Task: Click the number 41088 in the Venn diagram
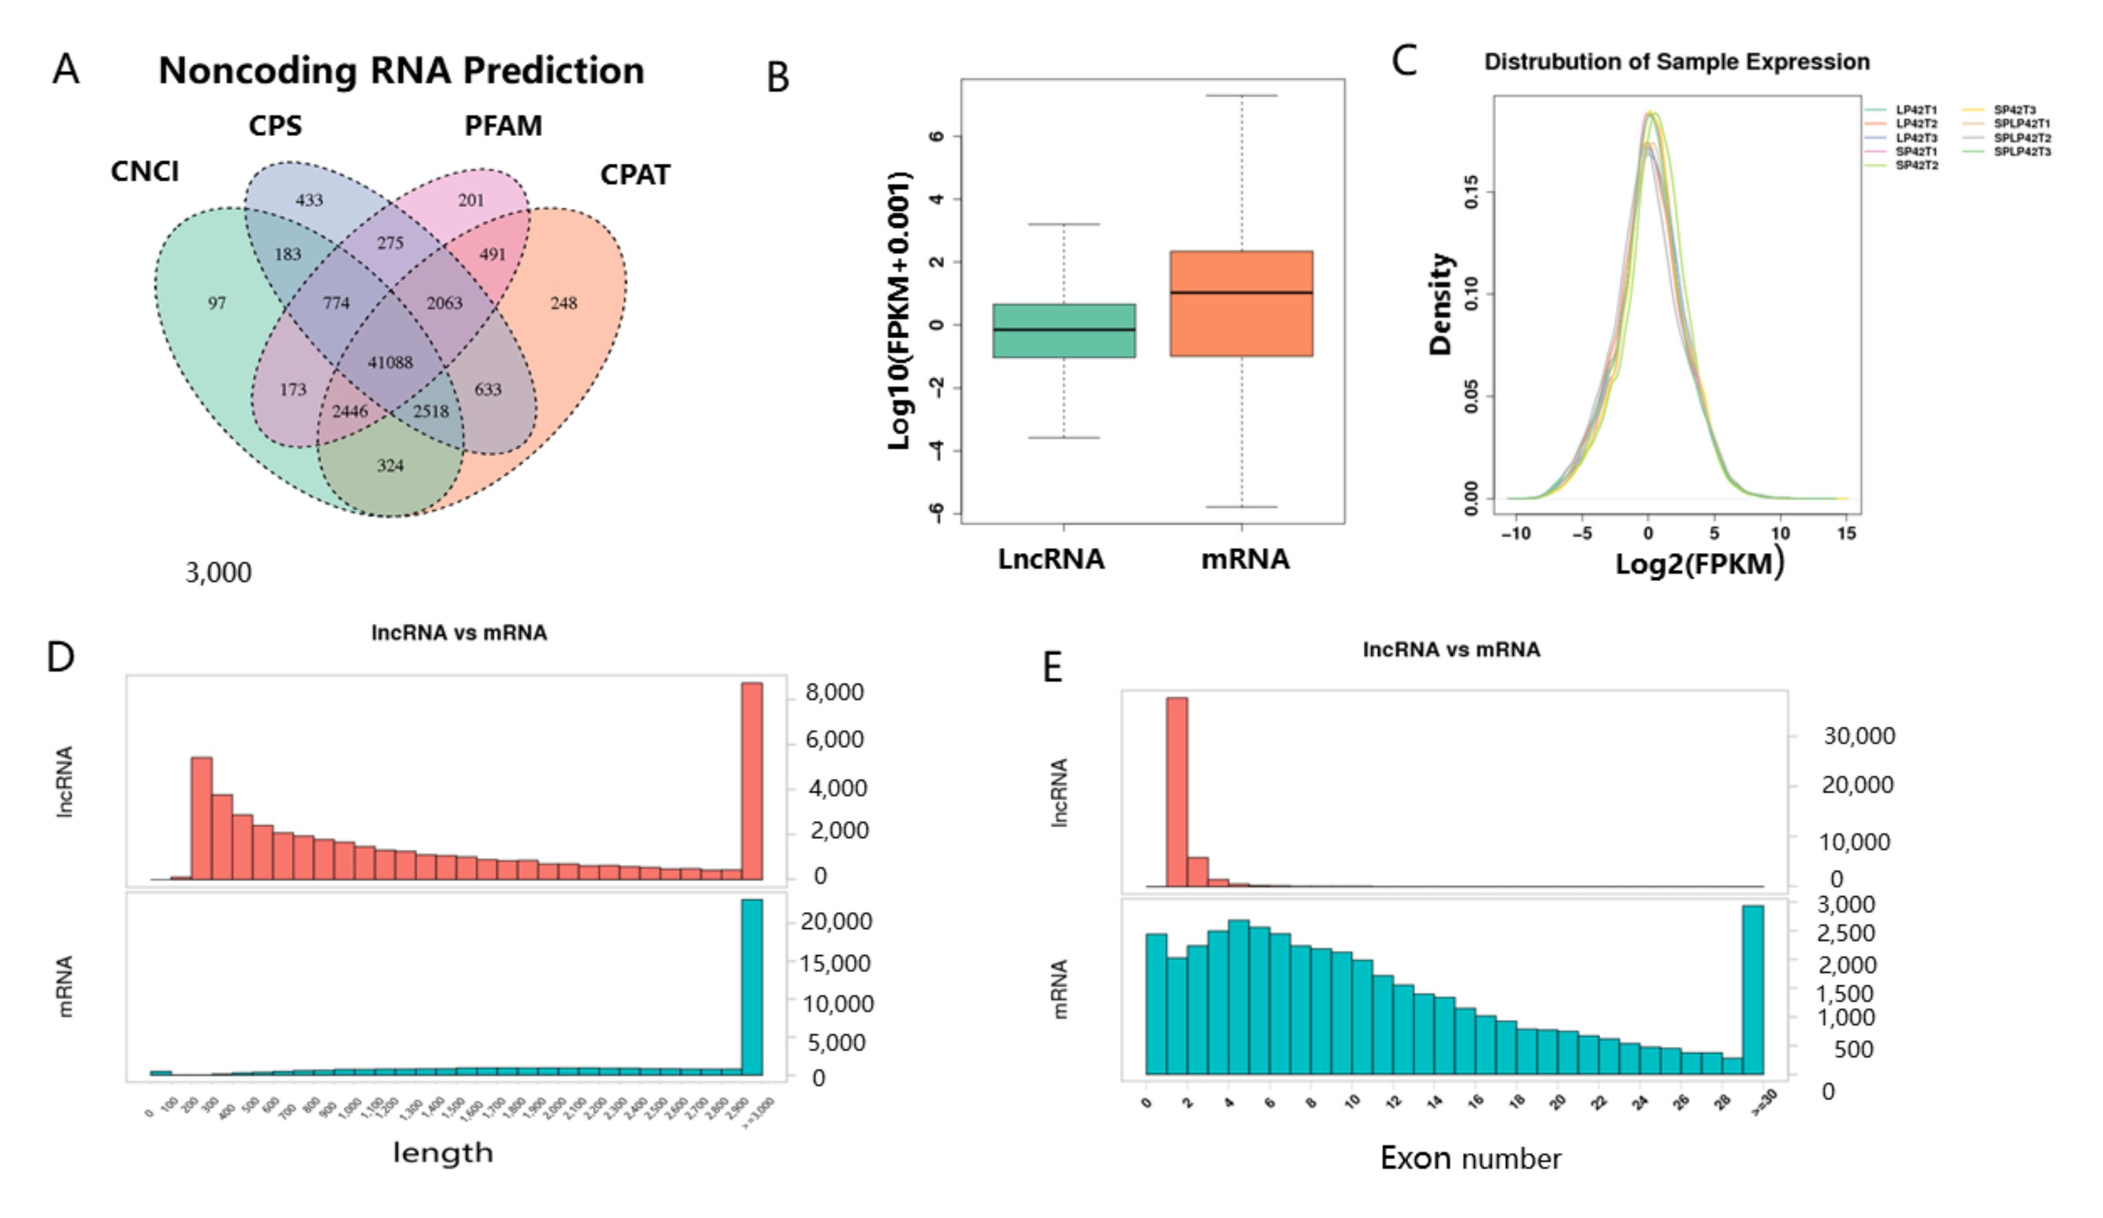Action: [390, 362]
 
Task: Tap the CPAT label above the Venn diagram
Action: [634, 175]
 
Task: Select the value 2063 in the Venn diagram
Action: [444, 303]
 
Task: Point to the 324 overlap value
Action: [390, 466]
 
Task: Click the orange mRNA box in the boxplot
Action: [1241, 304]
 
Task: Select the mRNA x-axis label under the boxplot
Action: [1244, 559]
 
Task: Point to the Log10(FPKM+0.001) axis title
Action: [899, 311]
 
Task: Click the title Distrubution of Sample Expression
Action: [1676, 63]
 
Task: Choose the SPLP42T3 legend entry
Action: [2021, 152]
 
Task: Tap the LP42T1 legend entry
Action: [1916, 110]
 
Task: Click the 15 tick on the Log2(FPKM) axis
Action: [1847, 533]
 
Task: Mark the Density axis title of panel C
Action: [1440, 304]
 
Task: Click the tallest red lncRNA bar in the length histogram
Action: [752, 781]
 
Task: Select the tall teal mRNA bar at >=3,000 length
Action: [752, 987]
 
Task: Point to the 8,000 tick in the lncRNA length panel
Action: [834, 692]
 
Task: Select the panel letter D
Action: [60, 658]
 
